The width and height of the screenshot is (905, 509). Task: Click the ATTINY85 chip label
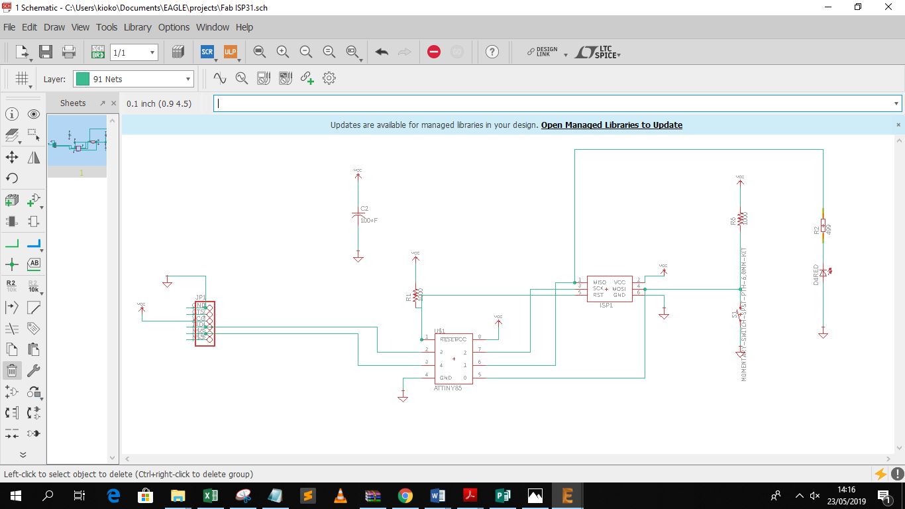tap(448, 388)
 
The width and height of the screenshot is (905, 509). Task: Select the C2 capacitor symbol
tap(358, 215)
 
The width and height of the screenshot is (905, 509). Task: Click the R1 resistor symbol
tap(416, 295)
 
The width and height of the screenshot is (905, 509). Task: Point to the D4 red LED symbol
tap(823, 272)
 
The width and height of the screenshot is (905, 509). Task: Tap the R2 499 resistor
tap(823, 227)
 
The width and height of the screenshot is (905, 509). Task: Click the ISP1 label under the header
tap(606, 306)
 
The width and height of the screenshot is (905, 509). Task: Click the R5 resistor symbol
tap(741, 218)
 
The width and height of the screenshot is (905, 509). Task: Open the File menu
tap(9, 27)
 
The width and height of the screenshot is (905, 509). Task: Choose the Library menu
tap(137, 27)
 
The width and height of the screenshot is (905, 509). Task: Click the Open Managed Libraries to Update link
tap(612, 125)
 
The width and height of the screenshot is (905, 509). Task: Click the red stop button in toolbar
tap(434, 52)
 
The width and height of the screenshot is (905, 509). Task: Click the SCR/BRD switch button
tap(97, 52)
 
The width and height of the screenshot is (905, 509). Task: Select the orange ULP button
tap(230, 52)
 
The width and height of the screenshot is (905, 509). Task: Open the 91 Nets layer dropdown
tap(134, 79)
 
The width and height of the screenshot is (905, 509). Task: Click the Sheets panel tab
tap(73, 103)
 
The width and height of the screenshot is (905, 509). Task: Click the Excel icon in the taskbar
tap(210, 495)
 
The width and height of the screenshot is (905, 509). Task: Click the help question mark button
tap(492, 52)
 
